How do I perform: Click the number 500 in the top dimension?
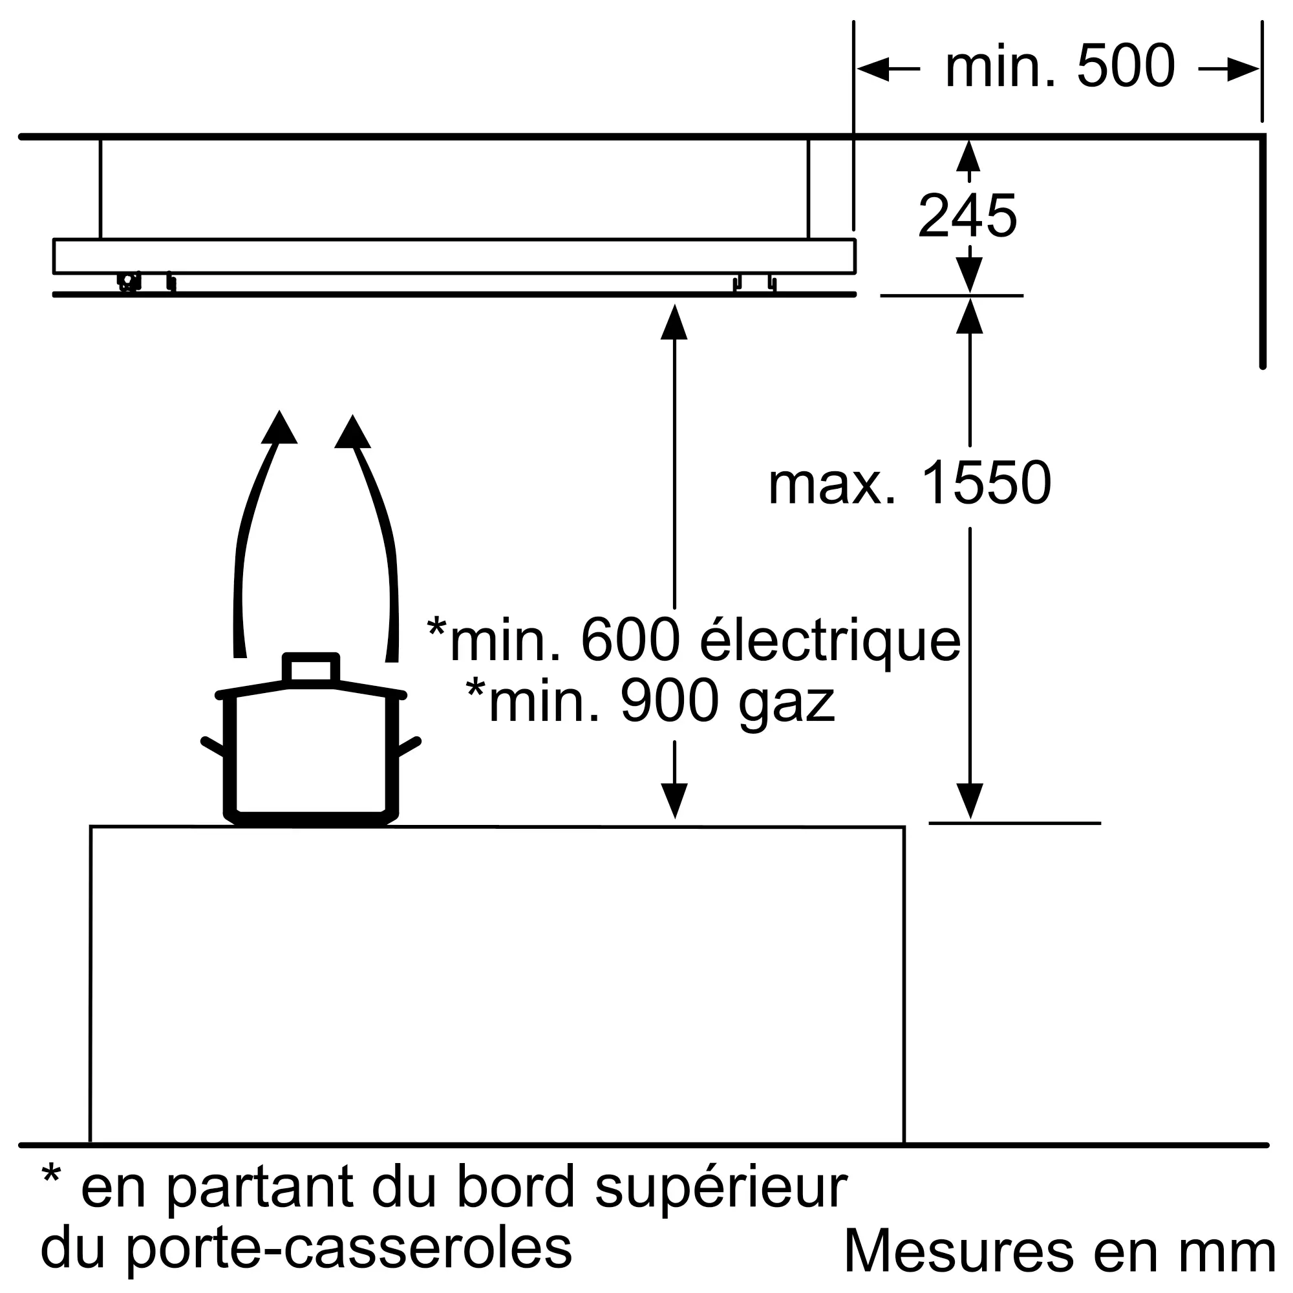[1126, 66]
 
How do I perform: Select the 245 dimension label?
[967, 215]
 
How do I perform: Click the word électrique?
[830, 641]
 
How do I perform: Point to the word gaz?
[787, 703]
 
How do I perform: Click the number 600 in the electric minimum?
[631, 641]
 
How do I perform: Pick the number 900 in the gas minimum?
[670, 701]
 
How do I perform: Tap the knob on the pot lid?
[311, 668]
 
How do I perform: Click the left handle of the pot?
[213, 746]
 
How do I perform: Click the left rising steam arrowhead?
[279, 427]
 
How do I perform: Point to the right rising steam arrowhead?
[352, 432]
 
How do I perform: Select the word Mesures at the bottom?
[957, 1250]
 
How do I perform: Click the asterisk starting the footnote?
[51, 1175]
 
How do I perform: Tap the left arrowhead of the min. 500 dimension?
[873, 69]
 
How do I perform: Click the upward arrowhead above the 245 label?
[968, 155]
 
